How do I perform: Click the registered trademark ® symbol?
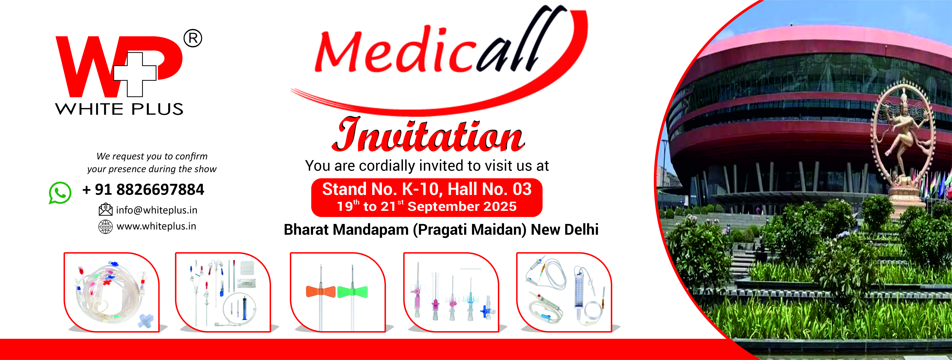[193, 38]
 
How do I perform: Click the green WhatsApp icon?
[60, 193]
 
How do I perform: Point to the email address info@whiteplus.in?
[157, 210]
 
